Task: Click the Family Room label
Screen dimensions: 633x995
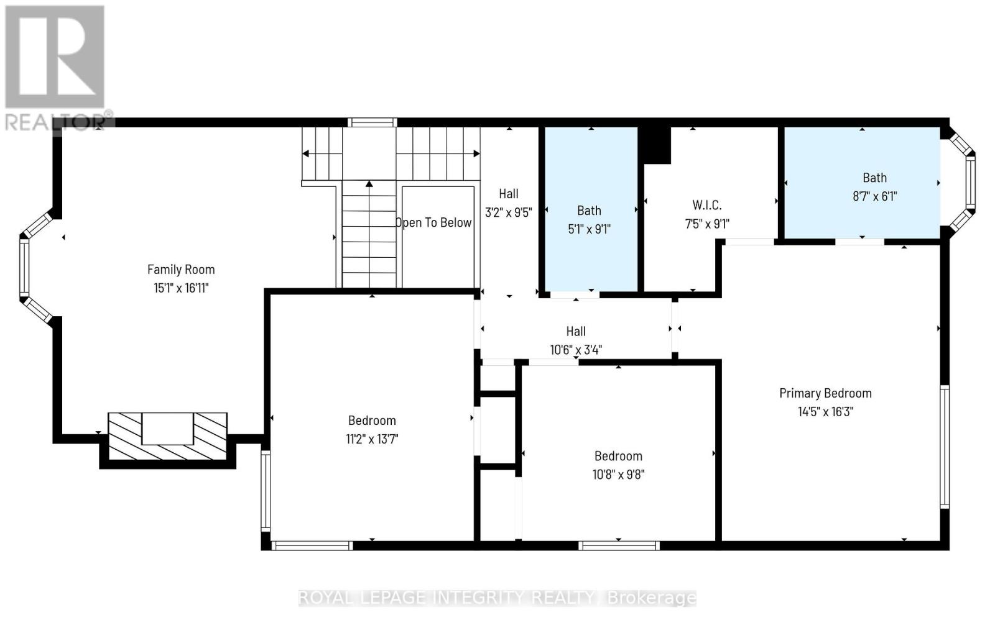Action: (x=181, y=269)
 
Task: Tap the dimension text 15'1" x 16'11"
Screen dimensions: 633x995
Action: (x=181, y=288)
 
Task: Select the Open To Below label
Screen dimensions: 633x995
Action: (x=434, y=222)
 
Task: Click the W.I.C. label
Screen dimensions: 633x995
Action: (x=707, y=205)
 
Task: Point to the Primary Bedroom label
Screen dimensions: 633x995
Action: (x=825, y=393)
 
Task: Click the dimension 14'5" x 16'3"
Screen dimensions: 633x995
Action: (x=825, y=411)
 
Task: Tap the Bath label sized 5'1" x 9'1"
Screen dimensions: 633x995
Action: (x=589, y=210)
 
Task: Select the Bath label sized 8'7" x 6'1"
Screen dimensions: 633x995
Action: (x=874, y=178)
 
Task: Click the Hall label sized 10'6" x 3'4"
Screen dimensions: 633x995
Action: (x=576, y=331)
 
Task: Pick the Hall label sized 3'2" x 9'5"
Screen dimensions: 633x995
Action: (x=508, y=194)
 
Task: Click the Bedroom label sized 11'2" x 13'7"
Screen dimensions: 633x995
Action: (x=372, y=420)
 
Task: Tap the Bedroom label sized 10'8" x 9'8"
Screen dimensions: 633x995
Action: (x=618, y=455)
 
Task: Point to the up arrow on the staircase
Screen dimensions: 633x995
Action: (x=369, y=184)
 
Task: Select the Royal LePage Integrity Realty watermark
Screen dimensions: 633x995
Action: (x=497, y=598)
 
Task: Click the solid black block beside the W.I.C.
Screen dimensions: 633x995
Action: (x=656, y=145)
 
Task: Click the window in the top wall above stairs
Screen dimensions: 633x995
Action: (x=372, y=122)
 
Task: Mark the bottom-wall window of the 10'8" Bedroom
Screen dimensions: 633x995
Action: (x=618, y=545)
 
